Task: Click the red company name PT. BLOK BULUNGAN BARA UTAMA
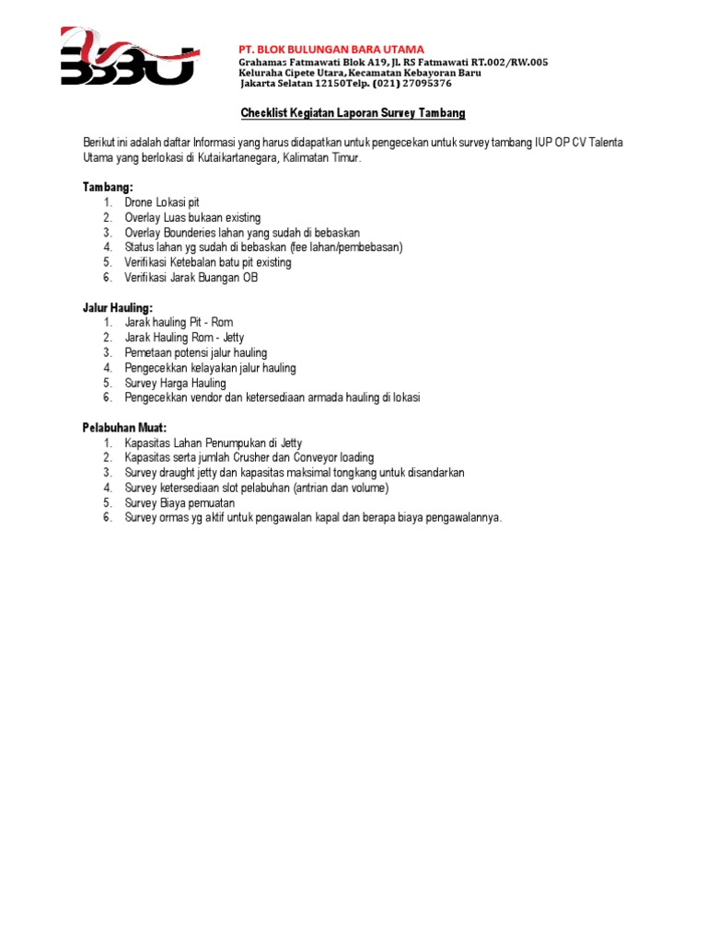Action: click(331, 49)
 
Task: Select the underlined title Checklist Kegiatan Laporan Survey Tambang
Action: click(353, 113)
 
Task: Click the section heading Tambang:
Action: click(108, 187)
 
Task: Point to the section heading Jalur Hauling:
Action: click(118, 307)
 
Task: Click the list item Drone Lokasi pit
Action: click(162, 202)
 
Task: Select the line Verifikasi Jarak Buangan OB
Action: click(191, 277)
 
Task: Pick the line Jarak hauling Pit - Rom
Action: click(180, 323)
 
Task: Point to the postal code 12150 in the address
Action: click(329, 83)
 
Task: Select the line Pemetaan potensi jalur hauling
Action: click(196, 352)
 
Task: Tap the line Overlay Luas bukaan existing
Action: click(193, 217)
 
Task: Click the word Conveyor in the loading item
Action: click(317, 458)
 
